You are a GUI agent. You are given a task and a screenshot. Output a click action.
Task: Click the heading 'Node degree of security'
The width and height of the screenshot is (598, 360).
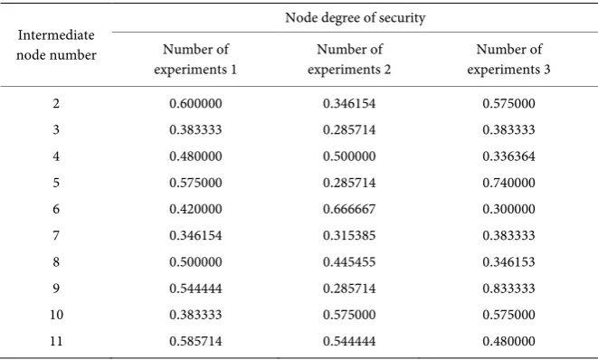click(x=355, y=18)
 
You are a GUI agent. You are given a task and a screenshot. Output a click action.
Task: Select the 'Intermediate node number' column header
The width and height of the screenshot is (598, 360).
click(x=56, y=45)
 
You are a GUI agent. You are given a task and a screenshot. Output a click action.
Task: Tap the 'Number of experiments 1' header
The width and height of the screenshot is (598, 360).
click(x=195, y=59)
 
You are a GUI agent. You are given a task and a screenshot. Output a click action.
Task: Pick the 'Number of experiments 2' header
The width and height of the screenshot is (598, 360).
click(x=349, y=59)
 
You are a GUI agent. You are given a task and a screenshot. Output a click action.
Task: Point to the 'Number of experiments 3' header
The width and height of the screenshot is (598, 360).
click(x=508, y=59)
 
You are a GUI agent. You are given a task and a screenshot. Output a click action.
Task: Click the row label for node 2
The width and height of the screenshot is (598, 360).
click(x=56, y=103)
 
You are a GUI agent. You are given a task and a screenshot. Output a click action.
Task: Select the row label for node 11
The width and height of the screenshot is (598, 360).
click(x=56, y=341)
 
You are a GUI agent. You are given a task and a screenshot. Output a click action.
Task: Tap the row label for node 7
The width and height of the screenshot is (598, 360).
click(x=56, y=235)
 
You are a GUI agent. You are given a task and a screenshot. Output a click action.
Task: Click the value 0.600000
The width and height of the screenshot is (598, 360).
click(x=195, y=103)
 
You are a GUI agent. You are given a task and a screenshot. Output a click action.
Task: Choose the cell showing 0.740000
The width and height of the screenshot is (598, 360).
click(x=508, y=183)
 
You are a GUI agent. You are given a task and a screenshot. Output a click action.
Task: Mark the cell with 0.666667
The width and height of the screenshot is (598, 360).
click(x=349, y=209)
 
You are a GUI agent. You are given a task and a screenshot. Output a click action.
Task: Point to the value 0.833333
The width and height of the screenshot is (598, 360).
click(x=508, y=289)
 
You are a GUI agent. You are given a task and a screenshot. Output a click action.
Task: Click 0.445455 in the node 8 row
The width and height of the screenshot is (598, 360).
click(x=349, y=262)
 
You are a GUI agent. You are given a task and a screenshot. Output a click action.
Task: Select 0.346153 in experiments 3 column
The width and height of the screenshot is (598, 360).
click(x=508, y=262)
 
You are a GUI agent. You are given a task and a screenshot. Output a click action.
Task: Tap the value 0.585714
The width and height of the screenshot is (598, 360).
click(x=195, y=341)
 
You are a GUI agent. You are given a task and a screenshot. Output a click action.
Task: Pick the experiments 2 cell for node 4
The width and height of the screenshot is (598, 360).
click(x=349, y=156)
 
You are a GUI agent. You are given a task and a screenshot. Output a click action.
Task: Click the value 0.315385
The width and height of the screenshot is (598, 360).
click(x=349, y=235)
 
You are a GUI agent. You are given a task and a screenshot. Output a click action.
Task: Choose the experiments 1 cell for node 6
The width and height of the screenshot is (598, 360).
click(x=195, y=209)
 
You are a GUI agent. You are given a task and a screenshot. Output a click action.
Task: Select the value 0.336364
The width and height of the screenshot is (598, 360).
click(x=508, y=156)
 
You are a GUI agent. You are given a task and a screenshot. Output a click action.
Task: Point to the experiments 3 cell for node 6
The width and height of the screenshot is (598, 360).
click(x=508, y=209)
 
